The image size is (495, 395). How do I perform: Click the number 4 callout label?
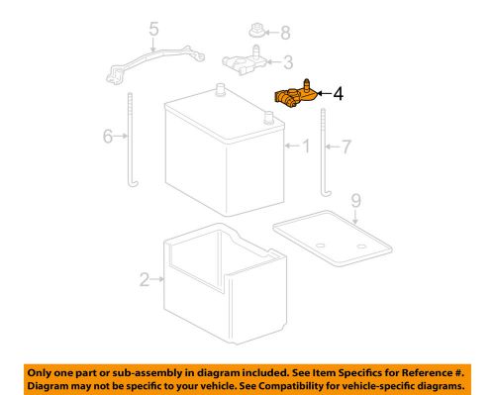(339, 95)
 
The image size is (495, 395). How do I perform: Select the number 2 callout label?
(144, 281)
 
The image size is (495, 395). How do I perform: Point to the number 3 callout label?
(287, 63)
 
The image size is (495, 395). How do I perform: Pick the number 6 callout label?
(108, 138)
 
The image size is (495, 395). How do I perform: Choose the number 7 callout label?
(346, 148)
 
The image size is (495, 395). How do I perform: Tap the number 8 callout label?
(286, 33)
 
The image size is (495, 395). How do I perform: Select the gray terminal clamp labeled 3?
(245, 62)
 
